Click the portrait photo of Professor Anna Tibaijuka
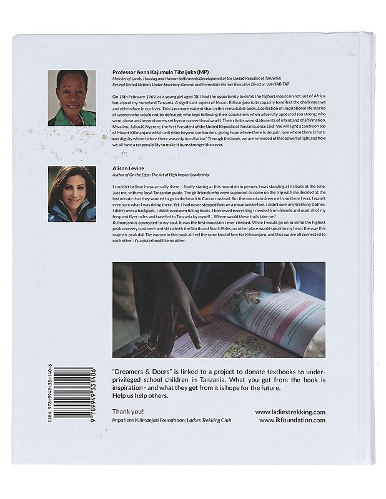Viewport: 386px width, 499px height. [x=72, y=98]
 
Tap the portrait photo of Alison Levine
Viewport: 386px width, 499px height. [x=72, y=194]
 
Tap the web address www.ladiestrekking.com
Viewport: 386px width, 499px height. [x=290, y=412]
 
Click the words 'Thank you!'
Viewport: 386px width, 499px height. [x=128, y=412]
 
